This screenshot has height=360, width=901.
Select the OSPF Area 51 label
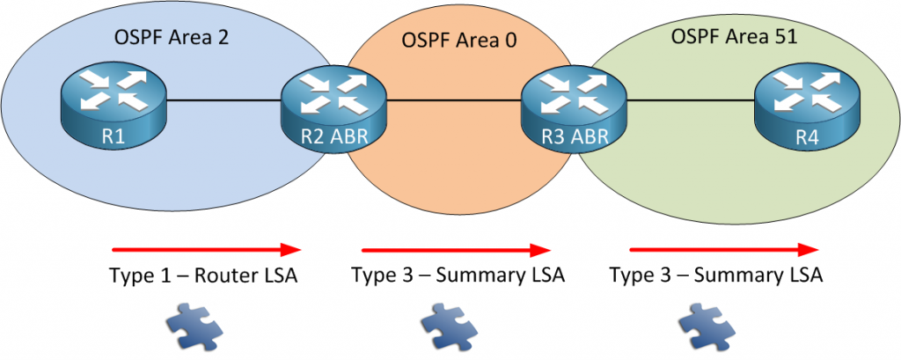click(x=737, y=37)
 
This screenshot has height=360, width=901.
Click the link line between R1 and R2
click(x=223, y=100)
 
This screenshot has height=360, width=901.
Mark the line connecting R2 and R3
click(x=454, y=100)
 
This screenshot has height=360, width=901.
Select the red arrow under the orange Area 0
click(x=457, y=249)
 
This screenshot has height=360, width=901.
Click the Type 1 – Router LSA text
click(x=203, y=276)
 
